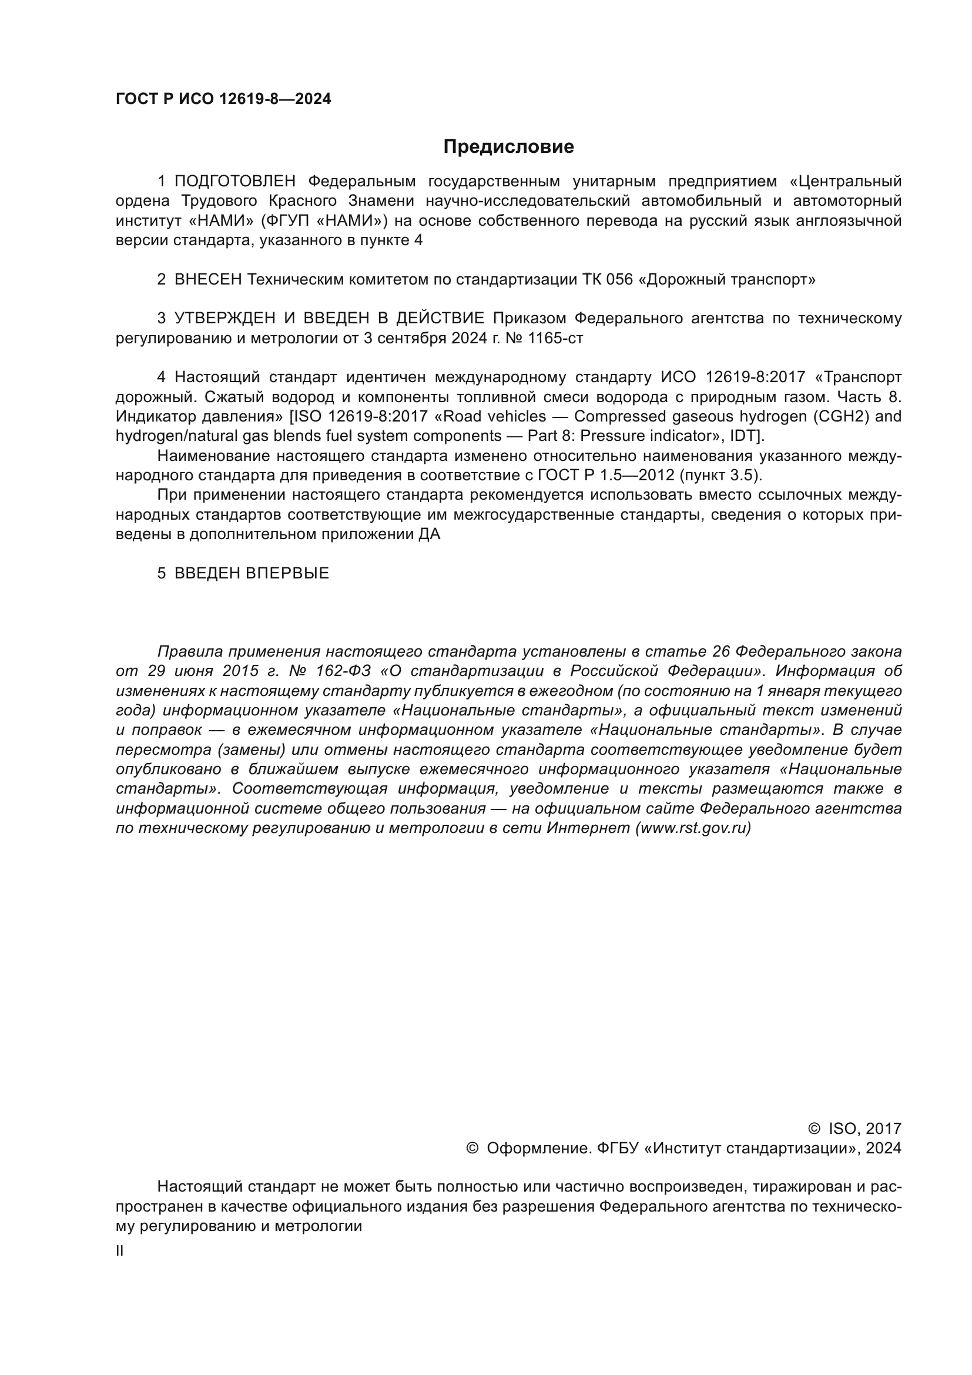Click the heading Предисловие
(x=508, y=147)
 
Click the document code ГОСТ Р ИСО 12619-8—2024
(x=223, y=99)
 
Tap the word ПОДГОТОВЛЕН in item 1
(x=235, y=182)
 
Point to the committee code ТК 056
(x=607, y=280)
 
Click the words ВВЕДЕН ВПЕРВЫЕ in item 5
(x=252, y=573)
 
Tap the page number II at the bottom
(x=120, y=1251)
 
